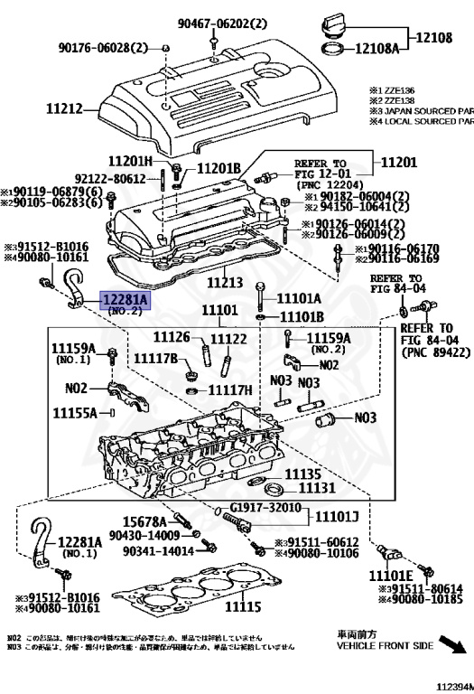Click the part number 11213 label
(x=225, y=283)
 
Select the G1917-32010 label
(x=265, y=508)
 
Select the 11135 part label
(x=303, y=474)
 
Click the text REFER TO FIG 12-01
(x=321, y=170)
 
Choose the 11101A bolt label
(x=299, y=296)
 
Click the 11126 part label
(x=171, y=338)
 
